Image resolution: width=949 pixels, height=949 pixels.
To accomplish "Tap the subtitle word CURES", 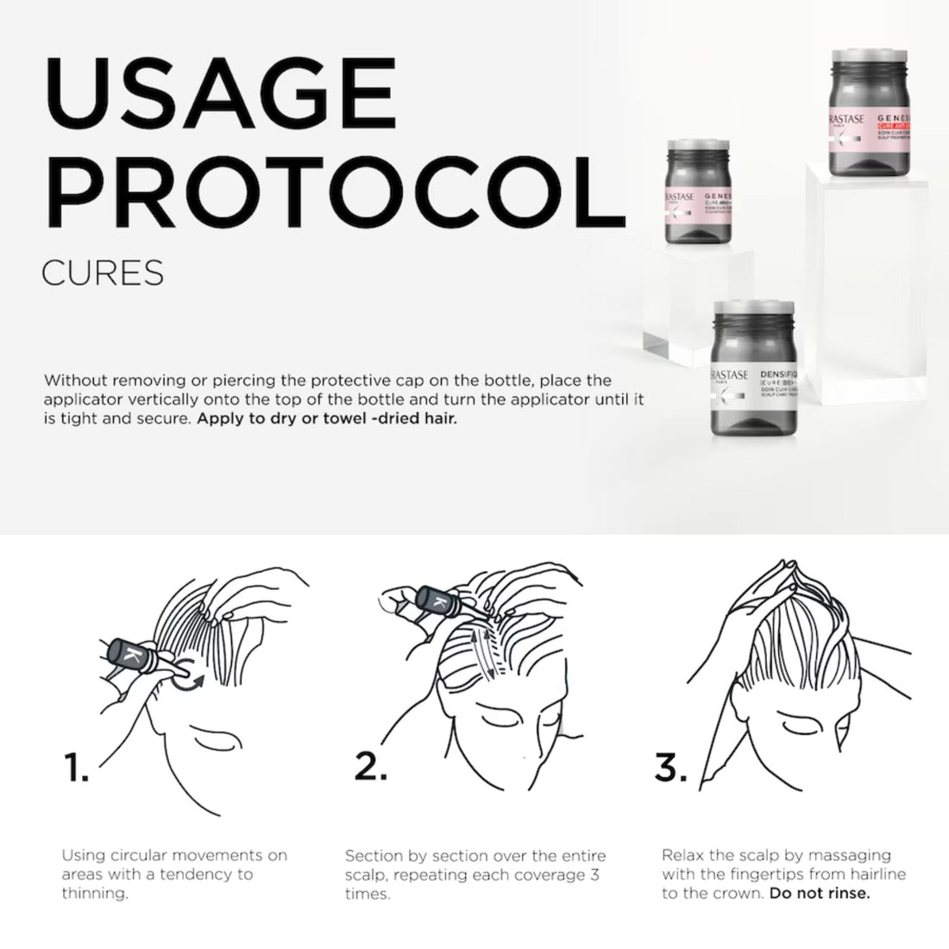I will (x=102, y=273).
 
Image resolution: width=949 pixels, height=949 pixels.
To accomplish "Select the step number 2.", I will (x=371, y=766).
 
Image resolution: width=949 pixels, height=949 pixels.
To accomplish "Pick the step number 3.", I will (x=669, y=766).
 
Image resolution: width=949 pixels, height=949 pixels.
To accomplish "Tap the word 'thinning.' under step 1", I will (x=94, y=894).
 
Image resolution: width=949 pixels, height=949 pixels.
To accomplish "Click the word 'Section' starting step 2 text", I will (x=374, y=856).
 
